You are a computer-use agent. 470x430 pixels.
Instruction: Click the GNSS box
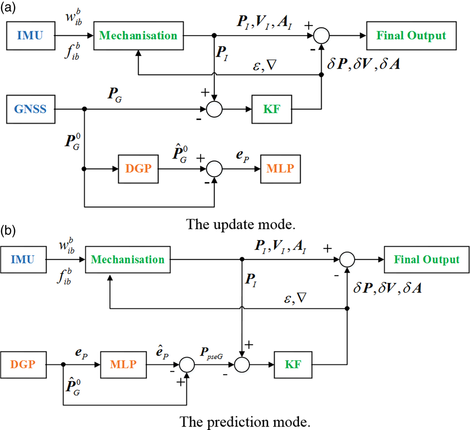coord(31,109)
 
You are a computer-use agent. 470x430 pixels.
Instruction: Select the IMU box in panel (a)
coord(31,36)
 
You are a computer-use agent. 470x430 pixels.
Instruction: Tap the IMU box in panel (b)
coord(23,260)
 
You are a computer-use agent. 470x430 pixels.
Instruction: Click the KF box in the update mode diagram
coord(272,109)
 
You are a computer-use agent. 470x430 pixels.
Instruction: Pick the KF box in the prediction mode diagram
coord(293,365)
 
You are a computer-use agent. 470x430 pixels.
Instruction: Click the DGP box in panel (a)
coord(138,169)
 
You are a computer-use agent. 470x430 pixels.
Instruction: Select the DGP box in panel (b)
coord(23,365)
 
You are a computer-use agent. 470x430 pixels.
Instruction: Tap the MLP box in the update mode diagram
coord(280,169)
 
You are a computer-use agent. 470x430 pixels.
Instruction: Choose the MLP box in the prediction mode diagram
coord(123,365)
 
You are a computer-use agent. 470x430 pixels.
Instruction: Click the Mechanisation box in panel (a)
coord(138,36)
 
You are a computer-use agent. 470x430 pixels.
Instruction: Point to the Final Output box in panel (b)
coord(426,260)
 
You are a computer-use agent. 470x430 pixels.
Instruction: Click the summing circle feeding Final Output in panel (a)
coord(321,36)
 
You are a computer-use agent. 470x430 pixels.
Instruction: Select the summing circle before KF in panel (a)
coord(214,109)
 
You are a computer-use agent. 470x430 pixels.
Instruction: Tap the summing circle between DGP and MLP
coord(214,169)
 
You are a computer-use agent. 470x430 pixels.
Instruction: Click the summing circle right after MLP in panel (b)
coord(187,365)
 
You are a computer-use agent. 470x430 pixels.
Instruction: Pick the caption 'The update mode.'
coord(241,224)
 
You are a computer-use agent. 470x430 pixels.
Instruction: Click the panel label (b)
coord(8,231)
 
